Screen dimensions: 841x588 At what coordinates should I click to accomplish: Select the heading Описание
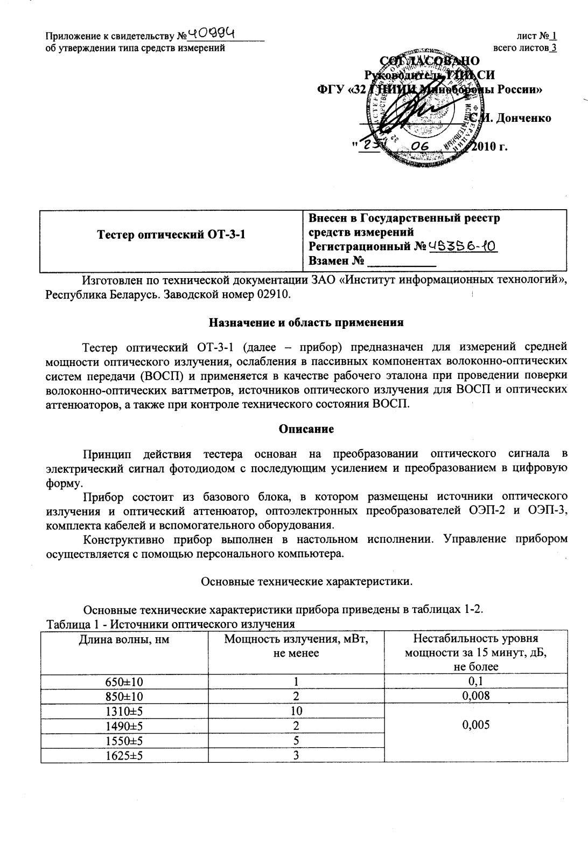point(306,429)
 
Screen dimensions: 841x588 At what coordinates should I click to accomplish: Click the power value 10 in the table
point(296,711)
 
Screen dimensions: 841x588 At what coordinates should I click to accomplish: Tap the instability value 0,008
point(475,695)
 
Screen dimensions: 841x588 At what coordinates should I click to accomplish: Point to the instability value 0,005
point(475,725)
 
